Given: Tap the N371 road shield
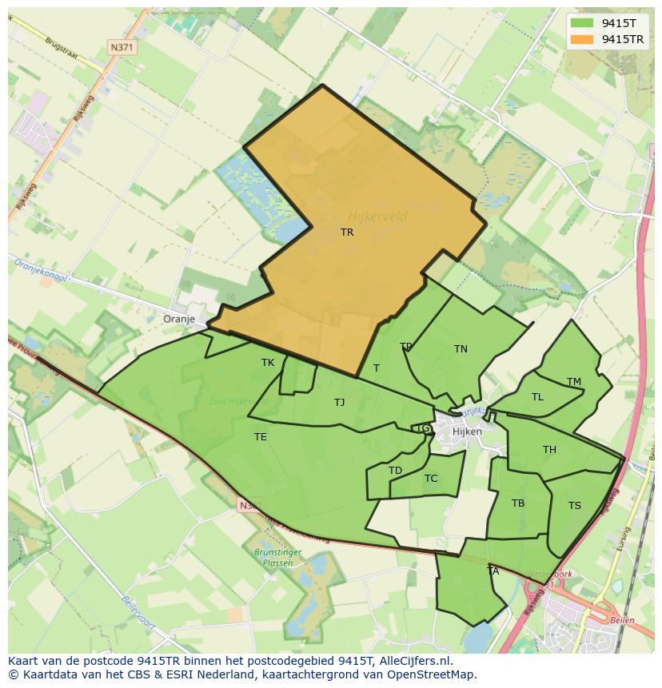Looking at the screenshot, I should coord(122,48).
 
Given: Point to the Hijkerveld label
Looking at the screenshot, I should coord(378,216).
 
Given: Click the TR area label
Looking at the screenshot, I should coord(347,233).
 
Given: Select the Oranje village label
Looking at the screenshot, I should coord(179,319).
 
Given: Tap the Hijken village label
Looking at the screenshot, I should coord(467,431).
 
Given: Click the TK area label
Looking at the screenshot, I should coord(268,362).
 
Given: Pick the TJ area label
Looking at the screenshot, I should coord(340,402).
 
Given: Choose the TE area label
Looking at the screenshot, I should coord(261,436).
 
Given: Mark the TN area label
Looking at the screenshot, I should coord(461,348).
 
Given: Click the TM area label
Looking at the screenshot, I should coord(574,381).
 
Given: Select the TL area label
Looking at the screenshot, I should coord(537,396).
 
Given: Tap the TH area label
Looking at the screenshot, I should coord(549,449).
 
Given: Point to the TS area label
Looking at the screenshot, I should coord(575,505).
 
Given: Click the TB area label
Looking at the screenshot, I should coord(518,503).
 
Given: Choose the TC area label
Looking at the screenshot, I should coord(431,479).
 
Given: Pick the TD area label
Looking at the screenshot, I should coord(395,470).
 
